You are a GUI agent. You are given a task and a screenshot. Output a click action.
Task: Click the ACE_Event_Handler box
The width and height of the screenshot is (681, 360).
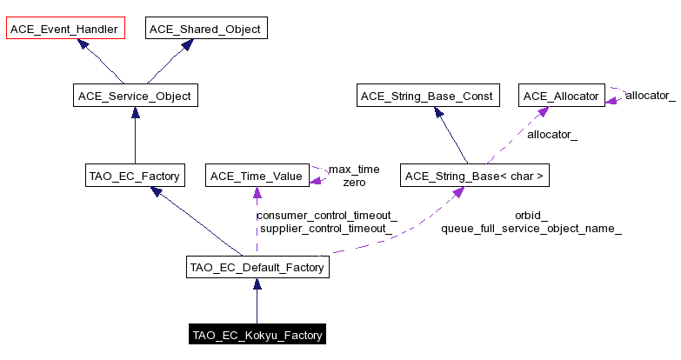tap(65, 29)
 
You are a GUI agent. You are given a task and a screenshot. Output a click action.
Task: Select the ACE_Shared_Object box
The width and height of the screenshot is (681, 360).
tap(204, 29)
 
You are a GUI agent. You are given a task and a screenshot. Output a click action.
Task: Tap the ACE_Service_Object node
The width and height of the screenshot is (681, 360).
tap(135, 96)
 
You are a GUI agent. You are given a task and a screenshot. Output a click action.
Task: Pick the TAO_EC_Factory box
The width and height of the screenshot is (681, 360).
tap(134, 177)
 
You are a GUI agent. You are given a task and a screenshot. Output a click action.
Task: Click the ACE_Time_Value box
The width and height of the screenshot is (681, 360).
tap(256, 177)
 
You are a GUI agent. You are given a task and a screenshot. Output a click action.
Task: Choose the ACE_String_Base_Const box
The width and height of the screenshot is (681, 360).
tap(429, 96)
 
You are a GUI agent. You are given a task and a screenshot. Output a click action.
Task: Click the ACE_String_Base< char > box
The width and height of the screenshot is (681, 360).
tap(473, 177)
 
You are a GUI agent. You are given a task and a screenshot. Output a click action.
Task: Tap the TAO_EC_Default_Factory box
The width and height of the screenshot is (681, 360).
tap(257, 267)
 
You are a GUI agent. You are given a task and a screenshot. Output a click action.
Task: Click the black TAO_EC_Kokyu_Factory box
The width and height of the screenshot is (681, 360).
tap(257, 335)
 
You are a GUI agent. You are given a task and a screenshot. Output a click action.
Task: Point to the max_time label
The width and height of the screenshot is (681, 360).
tap(354, 169)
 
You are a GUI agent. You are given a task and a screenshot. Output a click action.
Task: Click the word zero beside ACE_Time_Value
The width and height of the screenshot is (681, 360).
tap(354, 183)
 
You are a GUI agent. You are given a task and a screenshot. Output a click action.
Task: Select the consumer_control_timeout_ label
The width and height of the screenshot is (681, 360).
tap(326, 215)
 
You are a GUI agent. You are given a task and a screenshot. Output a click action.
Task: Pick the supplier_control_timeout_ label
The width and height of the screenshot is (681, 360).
tap(326, 229)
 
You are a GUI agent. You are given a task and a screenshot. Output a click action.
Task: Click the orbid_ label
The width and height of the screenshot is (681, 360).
tap(531, 215)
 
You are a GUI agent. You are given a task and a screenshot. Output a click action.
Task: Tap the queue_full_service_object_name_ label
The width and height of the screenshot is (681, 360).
tap(531, 229)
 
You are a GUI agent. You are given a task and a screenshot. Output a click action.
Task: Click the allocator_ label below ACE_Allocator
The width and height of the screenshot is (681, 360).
tap(552, 135)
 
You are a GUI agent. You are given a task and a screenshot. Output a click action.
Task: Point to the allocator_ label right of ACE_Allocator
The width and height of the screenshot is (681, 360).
tap(650, 95)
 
